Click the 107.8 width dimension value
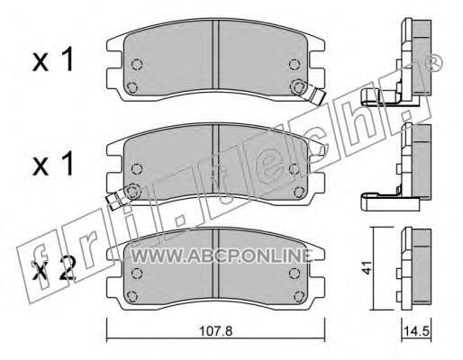click(216, 331)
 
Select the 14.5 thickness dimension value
click(416, 332)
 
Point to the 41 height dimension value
click(367, 267)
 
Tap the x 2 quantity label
click(53, 271)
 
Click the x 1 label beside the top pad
click(53, 60)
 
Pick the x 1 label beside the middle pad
click(53, 164)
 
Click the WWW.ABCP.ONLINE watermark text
click(221, 256)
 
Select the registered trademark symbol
click(432, 64)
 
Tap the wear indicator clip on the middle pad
click(115, 199)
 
